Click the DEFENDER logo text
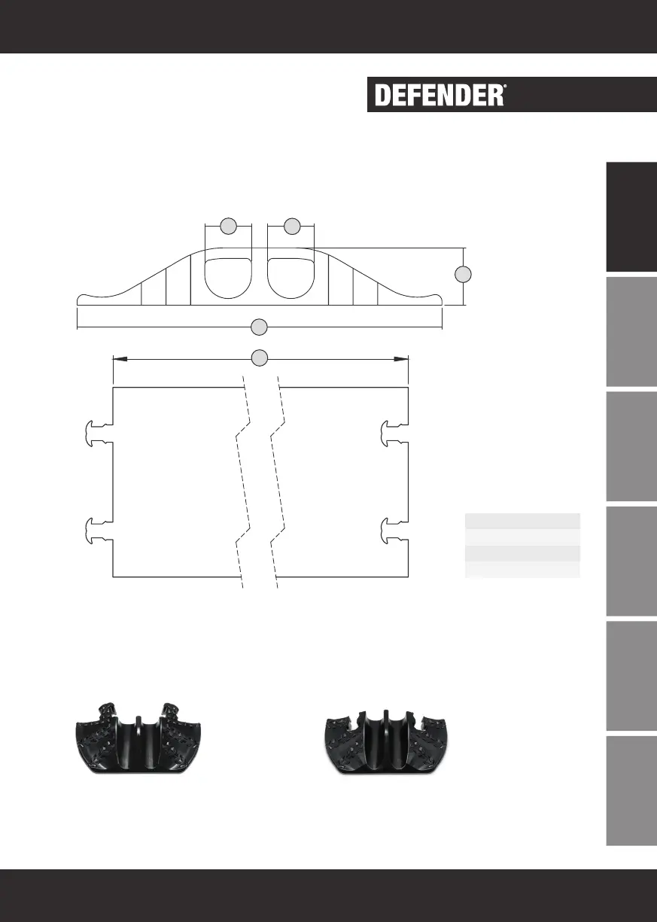coord(439,95)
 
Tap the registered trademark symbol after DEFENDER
coord(505,87)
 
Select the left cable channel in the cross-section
coord(228,278)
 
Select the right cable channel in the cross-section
coord(290,278)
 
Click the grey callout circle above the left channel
coord(229,226)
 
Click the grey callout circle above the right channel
coord(292,226)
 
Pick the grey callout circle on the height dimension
coord(463,274)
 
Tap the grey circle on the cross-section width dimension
coord(260,327)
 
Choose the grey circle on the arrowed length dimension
coord(260,358)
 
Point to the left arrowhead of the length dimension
coord(120,359)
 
